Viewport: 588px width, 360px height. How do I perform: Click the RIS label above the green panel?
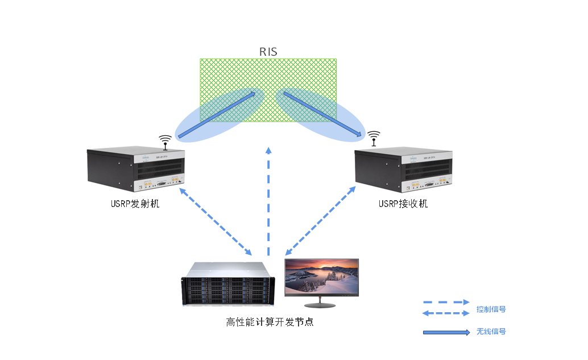tap(268, 52)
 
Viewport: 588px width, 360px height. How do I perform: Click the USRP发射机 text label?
tap(135, 204)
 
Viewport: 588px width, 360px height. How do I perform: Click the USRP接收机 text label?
tap(403, 204)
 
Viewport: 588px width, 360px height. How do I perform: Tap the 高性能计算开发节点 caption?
tap(270, 322)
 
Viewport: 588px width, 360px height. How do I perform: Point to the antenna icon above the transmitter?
tap(165, 140)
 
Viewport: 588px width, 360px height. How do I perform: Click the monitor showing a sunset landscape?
tap(322, 277)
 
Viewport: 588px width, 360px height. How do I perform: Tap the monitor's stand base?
tap(322, 304)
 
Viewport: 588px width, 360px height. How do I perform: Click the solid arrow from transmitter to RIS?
tap(216, 115)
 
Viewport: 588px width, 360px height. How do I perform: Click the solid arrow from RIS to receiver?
tap(322, 114)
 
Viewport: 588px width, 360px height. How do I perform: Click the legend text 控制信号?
tap(491, 310)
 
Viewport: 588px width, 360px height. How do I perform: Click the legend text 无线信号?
tap(491, 332)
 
